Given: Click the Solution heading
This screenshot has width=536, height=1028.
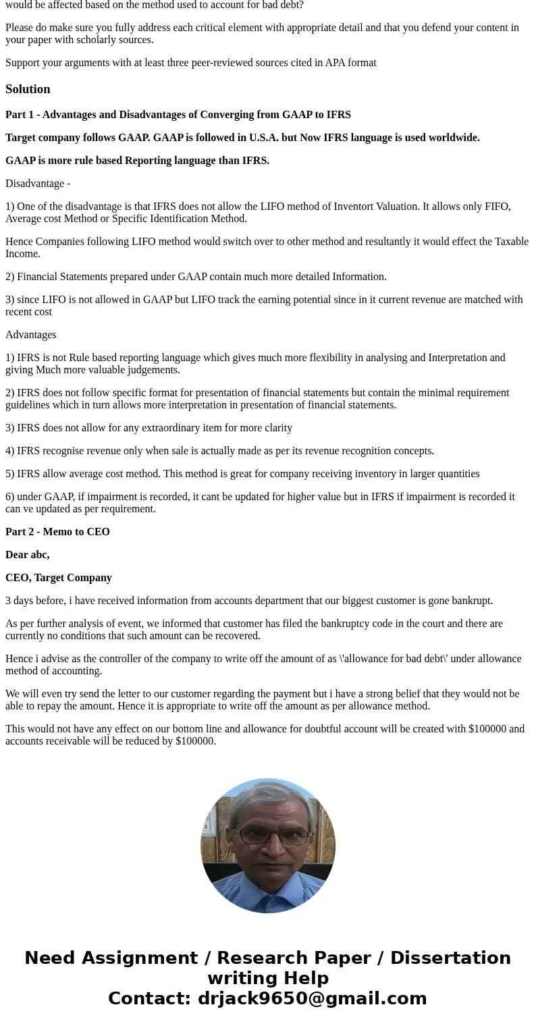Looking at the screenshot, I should [28, 89].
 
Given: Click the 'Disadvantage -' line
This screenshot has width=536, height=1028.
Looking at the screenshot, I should [38, 184].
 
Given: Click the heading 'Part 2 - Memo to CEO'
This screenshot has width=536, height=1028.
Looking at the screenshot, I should [57, 532].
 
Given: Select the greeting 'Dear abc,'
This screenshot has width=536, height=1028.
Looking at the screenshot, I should [28, 555].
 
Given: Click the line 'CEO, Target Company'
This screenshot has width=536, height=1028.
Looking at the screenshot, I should [59, 578].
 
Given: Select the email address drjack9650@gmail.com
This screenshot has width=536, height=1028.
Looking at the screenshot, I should [312, 998].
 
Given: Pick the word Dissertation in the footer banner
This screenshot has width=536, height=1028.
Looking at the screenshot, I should [450, 958].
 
